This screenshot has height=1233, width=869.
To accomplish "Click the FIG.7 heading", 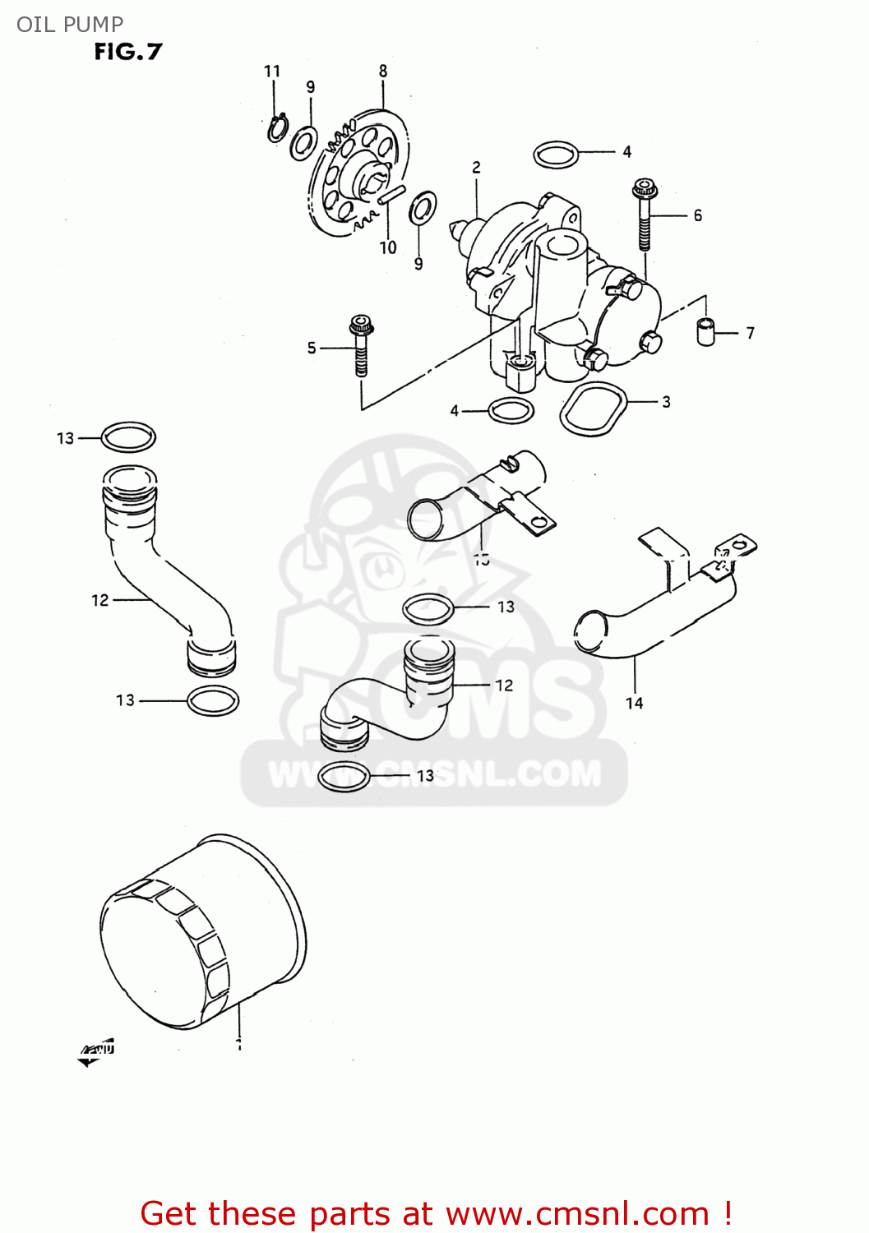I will tap(128, 52).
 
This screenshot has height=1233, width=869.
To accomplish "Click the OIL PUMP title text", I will tap(70, 25).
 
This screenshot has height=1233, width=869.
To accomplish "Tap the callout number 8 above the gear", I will tap(383, 72).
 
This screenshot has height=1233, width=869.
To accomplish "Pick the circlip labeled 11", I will tap(277, 128).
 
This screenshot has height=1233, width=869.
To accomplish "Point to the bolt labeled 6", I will tap(644, 215).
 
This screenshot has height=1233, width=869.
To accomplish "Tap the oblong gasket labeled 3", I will tap(593, 409).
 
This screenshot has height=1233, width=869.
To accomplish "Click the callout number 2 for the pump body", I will tap(476, 168).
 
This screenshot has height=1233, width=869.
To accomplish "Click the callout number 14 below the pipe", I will tap(635, 704).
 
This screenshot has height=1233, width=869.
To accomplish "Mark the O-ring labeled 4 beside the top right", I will tap(557, 154).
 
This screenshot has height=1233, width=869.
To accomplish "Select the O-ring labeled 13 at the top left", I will tap(128, 437).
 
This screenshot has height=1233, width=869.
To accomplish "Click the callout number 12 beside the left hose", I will tap(99, 601).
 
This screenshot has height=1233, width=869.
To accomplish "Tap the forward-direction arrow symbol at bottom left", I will tap(96, 1052).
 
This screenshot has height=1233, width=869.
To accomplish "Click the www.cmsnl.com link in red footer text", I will tap(577, 1213).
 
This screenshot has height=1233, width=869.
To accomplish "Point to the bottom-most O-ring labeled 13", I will tap(344, 776).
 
